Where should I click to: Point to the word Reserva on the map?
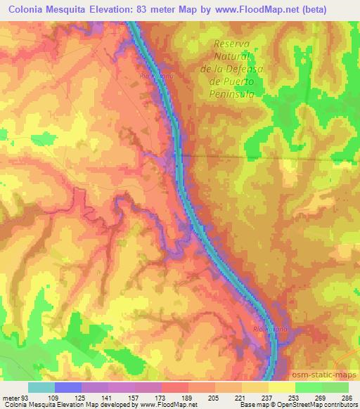pyautogui.click(x=232, y=44)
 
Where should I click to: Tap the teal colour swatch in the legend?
pyautogui.click(x=41, y=387)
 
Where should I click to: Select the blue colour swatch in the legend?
pyautogui.click(x=67, y=387)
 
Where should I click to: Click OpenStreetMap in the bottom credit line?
pyautogui.click(x=317, y=405)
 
